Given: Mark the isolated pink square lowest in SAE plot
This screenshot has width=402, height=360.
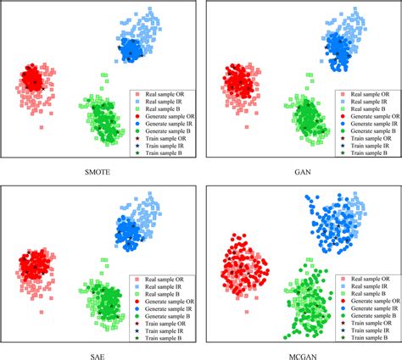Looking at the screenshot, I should click(x=42, y=312).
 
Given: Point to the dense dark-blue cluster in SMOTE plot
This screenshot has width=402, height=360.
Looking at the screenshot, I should click(x=131, y=50).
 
